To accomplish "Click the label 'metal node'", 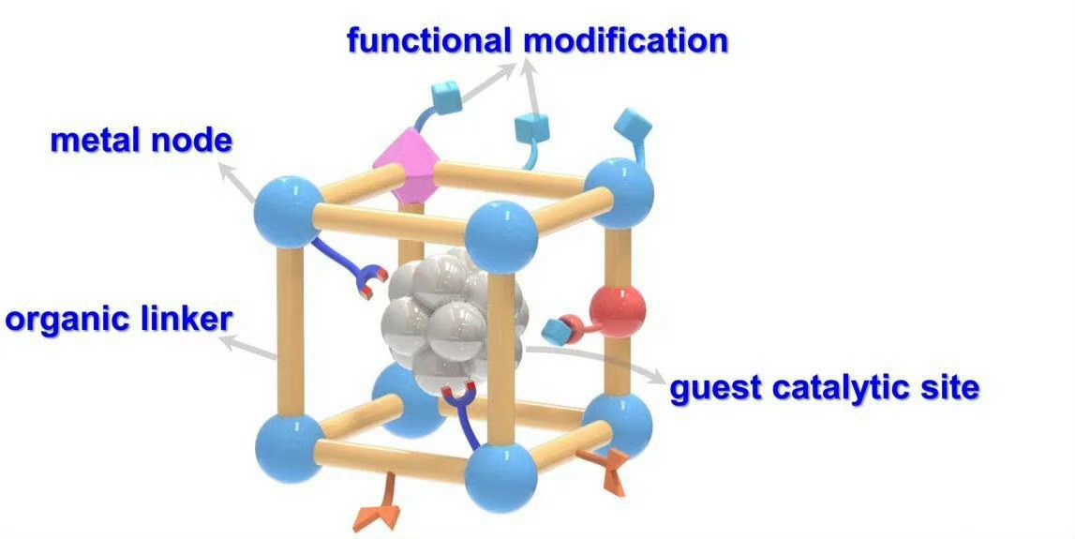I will tap(141, 141).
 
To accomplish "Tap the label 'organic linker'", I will tap(118, 319).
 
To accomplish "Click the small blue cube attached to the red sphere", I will tap(559, 329).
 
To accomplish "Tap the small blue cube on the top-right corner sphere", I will tap(629, 123).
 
